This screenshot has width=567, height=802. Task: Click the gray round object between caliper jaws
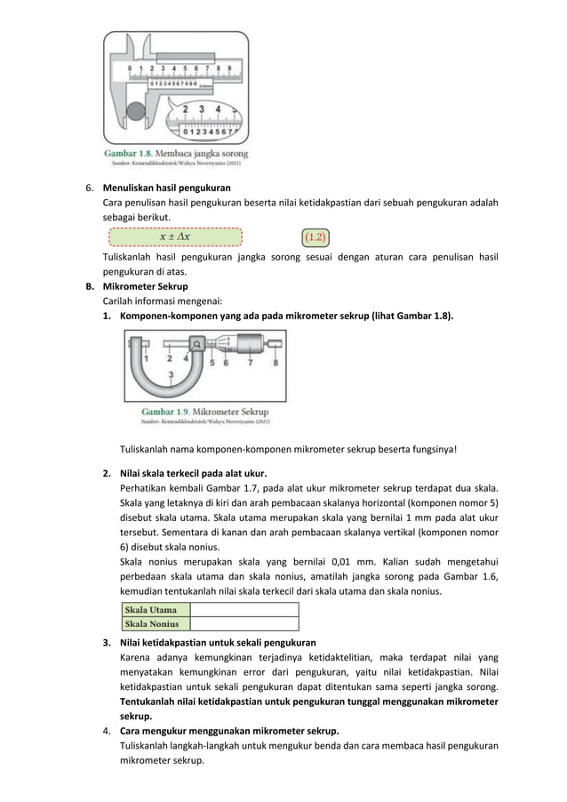click(135, 113)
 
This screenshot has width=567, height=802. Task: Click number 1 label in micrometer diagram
click(146, 357)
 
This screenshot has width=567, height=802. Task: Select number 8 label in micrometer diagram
click(276, 363)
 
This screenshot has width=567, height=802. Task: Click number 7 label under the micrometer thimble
click(251, 363)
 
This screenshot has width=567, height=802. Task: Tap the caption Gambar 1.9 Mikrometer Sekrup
click(205, 413)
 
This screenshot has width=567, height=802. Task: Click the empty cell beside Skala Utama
click(244, 610)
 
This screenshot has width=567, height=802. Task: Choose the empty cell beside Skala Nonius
click(244, 623)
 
